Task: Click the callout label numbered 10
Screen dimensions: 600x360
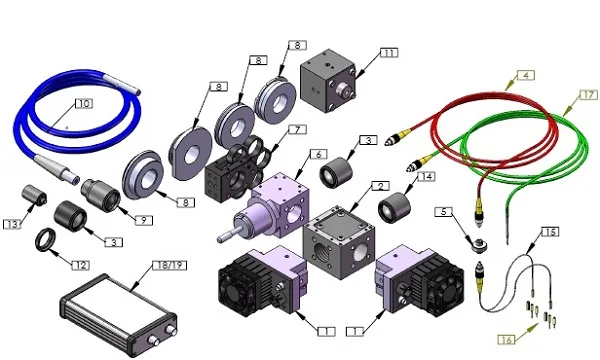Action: point(84,103)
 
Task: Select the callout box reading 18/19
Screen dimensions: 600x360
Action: point(170,265)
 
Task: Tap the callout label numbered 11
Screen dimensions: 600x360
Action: point(389,53)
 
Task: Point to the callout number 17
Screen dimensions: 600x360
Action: point(589,94)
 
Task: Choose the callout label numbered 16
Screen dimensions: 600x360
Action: point(507,339)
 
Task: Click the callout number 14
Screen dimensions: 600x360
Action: point(426,176)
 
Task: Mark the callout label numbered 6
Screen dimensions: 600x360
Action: point(318,154)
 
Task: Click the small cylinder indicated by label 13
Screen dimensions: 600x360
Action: point(34,195)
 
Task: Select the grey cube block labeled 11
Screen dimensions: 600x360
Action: point(328,81)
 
